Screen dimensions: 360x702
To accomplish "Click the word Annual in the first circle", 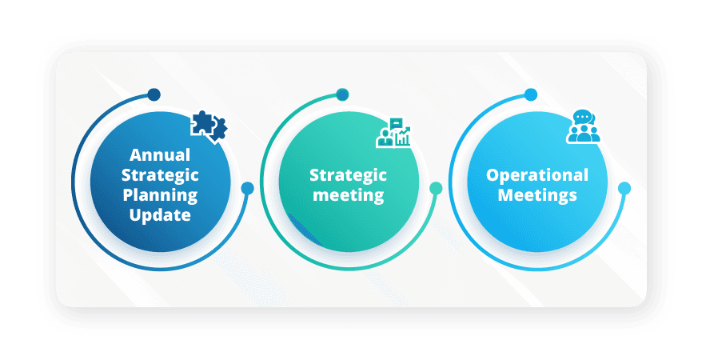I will point(161,154).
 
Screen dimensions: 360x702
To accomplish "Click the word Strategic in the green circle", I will point(348,174).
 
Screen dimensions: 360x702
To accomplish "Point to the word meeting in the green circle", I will point(348,194).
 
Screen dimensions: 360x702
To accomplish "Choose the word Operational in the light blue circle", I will point(537,174).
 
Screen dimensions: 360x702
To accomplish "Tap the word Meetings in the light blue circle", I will point(537,194).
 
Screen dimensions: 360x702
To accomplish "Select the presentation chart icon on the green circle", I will point(394,132).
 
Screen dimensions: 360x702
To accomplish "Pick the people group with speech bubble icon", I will point(583,128).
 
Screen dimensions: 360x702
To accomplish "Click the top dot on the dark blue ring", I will point(154,94).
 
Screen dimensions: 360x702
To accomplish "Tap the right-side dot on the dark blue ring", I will point(248,189).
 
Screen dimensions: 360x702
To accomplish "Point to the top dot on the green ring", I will point(342,94).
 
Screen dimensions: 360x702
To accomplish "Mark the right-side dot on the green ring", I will point(436,189).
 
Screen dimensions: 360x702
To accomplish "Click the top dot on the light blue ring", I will point(531,94).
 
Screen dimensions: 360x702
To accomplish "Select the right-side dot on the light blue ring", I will point(624,189).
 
